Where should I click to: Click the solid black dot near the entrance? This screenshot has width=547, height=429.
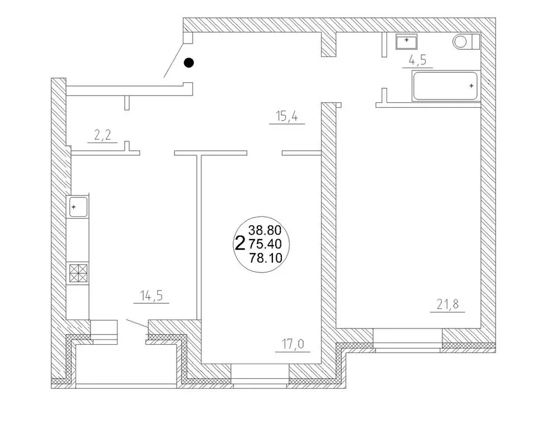pyautogui.click(x=188, y=63)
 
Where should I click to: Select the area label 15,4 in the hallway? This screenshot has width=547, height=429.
pyautogui.click(x=287, y=116)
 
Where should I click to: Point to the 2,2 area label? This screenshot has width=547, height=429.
pyautogui.click(x=102, y=135)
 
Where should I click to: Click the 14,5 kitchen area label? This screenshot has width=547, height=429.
pyautogui.click(x=152, y=296)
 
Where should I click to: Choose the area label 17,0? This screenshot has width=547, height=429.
pyautogui.click(x=293, y=344)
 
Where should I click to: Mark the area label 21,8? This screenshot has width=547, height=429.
pyautogui.click(x=448, y=304)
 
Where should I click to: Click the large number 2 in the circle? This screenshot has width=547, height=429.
pyautogui.click(x=239, y=243)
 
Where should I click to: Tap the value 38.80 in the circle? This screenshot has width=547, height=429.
pyautogui.click(x=265, y=230)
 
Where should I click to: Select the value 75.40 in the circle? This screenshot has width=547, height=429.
pyautogui.click(x=265, y=244)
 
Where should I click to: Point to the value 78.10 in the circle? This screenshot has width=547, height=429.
pyautogui.click(x=266, y=258)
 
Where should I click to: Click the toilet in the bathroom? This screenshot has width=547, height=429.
pyautogui.click(x=466, y=42)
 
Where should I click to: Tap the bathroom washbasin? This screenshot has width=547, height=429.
pyautogui.click(x=407, y=42)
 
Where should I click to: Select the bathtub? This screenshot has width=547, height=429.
pyautogui.click(x=445, y=86)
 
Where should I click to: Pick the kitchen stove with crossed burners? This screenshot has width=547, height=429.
pyautogui.click(x=78, y=273)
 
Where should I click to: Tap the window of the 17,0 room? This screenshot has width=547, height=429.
pyautogui.click(x=260, y=375)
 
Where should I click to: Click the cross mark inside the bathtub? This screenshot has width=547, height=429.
pyautogui.click(x=471, y=85)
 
